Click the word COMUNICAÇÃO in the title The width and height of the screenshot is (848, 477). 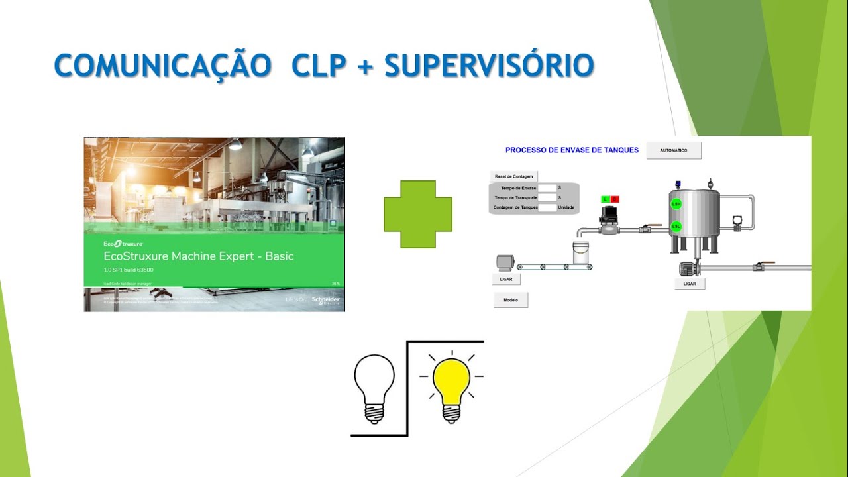click(162, 66)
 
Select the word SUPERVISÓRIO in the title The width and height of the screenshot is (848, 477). click(488, 66)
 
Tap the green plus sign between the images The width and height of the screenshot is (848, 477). click(418, 215)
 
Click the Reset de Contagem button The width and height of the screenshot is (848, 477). click(513, 176)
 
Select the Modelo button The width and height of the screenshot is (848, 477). click(511, 300)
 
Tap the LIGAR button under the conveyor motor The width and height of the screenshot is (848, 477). click(506, 279)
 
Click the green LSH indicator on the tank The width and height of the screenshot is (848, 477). click(676, 205)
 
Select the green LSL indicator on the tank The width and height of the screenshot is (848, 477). click(676, 226)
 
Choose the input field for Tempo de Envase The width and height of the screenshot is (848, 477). click(547, 188)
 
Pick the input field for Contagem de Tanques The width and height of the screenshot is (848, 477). click(547, 207)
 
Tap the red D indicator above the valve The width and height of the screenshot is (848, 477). click(615, 199)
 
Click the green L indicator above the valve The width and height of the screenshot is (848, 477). click(606, 199)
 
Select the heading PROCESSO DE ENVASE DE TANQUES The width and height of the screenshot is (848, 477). click(572, 150)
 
